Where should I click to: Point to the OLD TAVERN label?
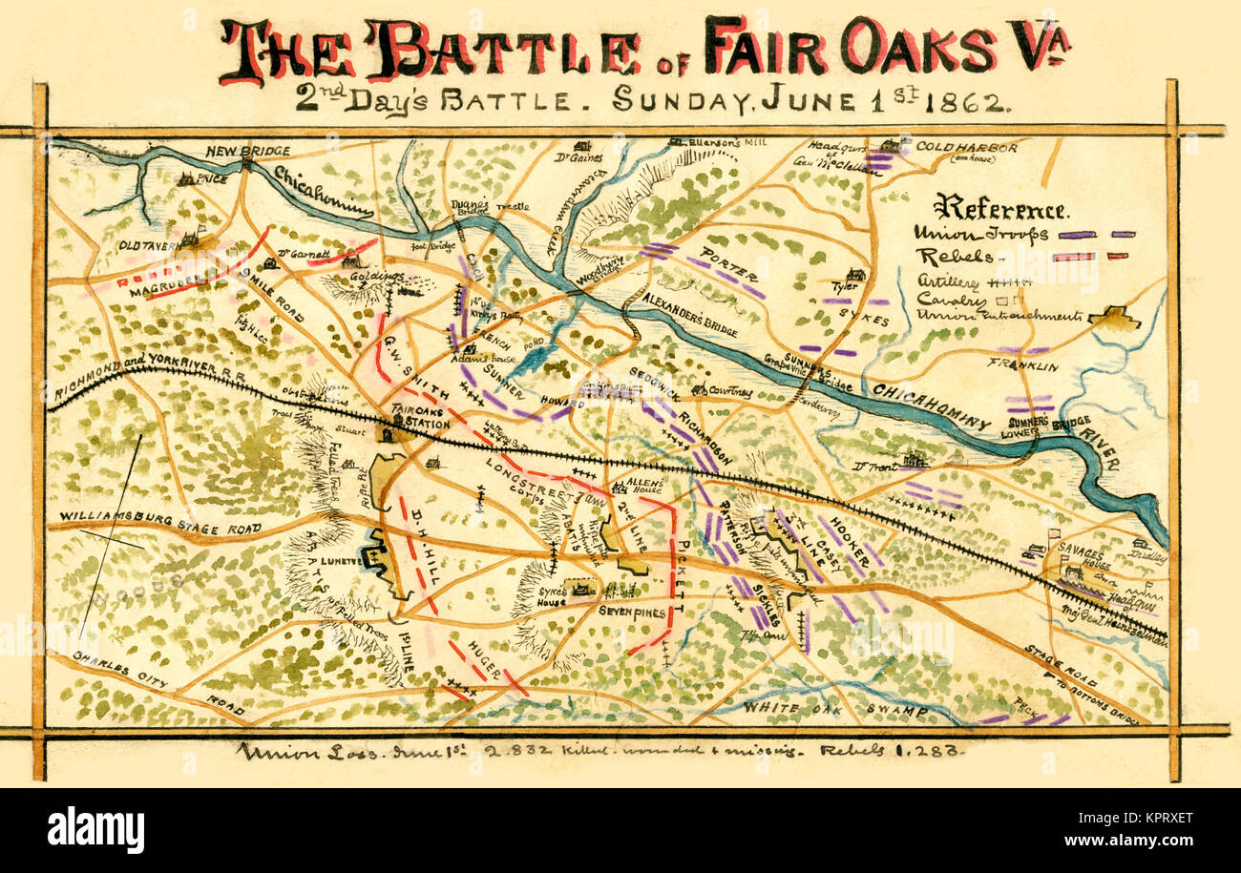pos(149,245)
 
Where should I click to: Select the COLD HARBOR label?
pos(965,148)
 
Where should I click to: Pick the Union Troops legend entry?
pos(981,233)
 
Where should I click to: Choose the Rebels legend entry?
pos(946,257)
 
